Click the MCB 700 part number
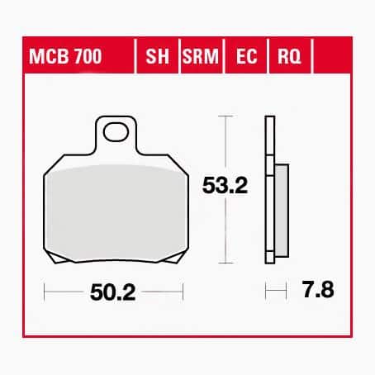65,56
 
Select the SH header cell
157,56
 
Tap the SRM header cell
200,56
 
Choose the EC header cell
246,56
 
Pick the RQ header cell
289,56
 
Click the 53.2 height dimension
225,186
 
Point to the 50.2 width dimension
113,292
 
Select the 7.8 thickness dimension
318,289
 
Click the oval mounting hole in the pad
116,132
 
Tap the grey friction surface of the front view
116,213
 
